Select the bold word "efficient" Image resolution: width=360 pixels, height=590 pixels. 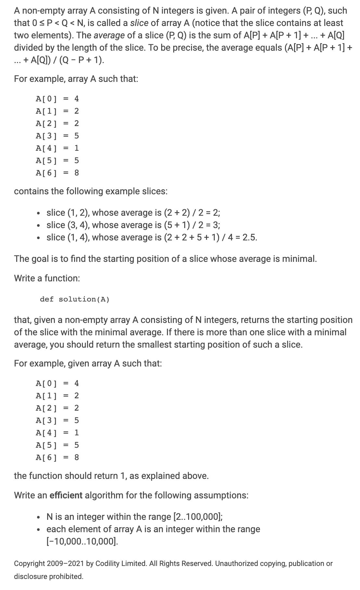(x=66, y=495)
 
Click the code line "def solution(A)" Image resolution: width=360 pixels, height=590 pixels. (x=74, y=299)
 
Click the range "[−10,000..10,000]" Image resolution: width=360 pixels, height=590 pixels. (x=83, y=541)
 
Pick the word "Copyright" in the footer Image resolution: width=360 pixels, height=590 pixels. (x=29, y=563)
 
